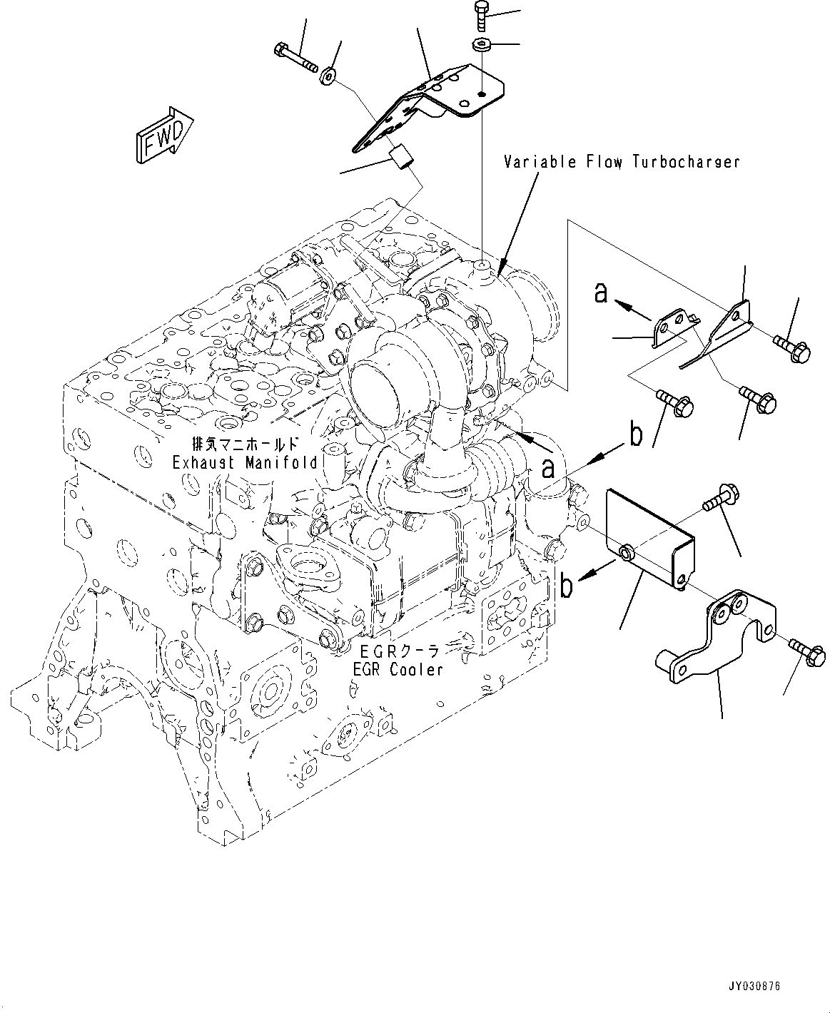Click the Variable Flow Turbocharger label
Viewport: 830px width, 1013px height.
[622, 162]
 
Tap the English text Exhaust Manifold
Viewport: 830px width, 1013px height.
[245, 462]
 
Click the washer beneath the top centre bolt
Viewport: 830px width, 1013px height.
[480, 46]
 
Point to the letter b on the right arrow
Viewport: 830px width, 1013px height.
[635, 434]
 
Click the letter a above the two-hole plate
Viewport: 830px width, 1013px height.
[602, 292]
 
